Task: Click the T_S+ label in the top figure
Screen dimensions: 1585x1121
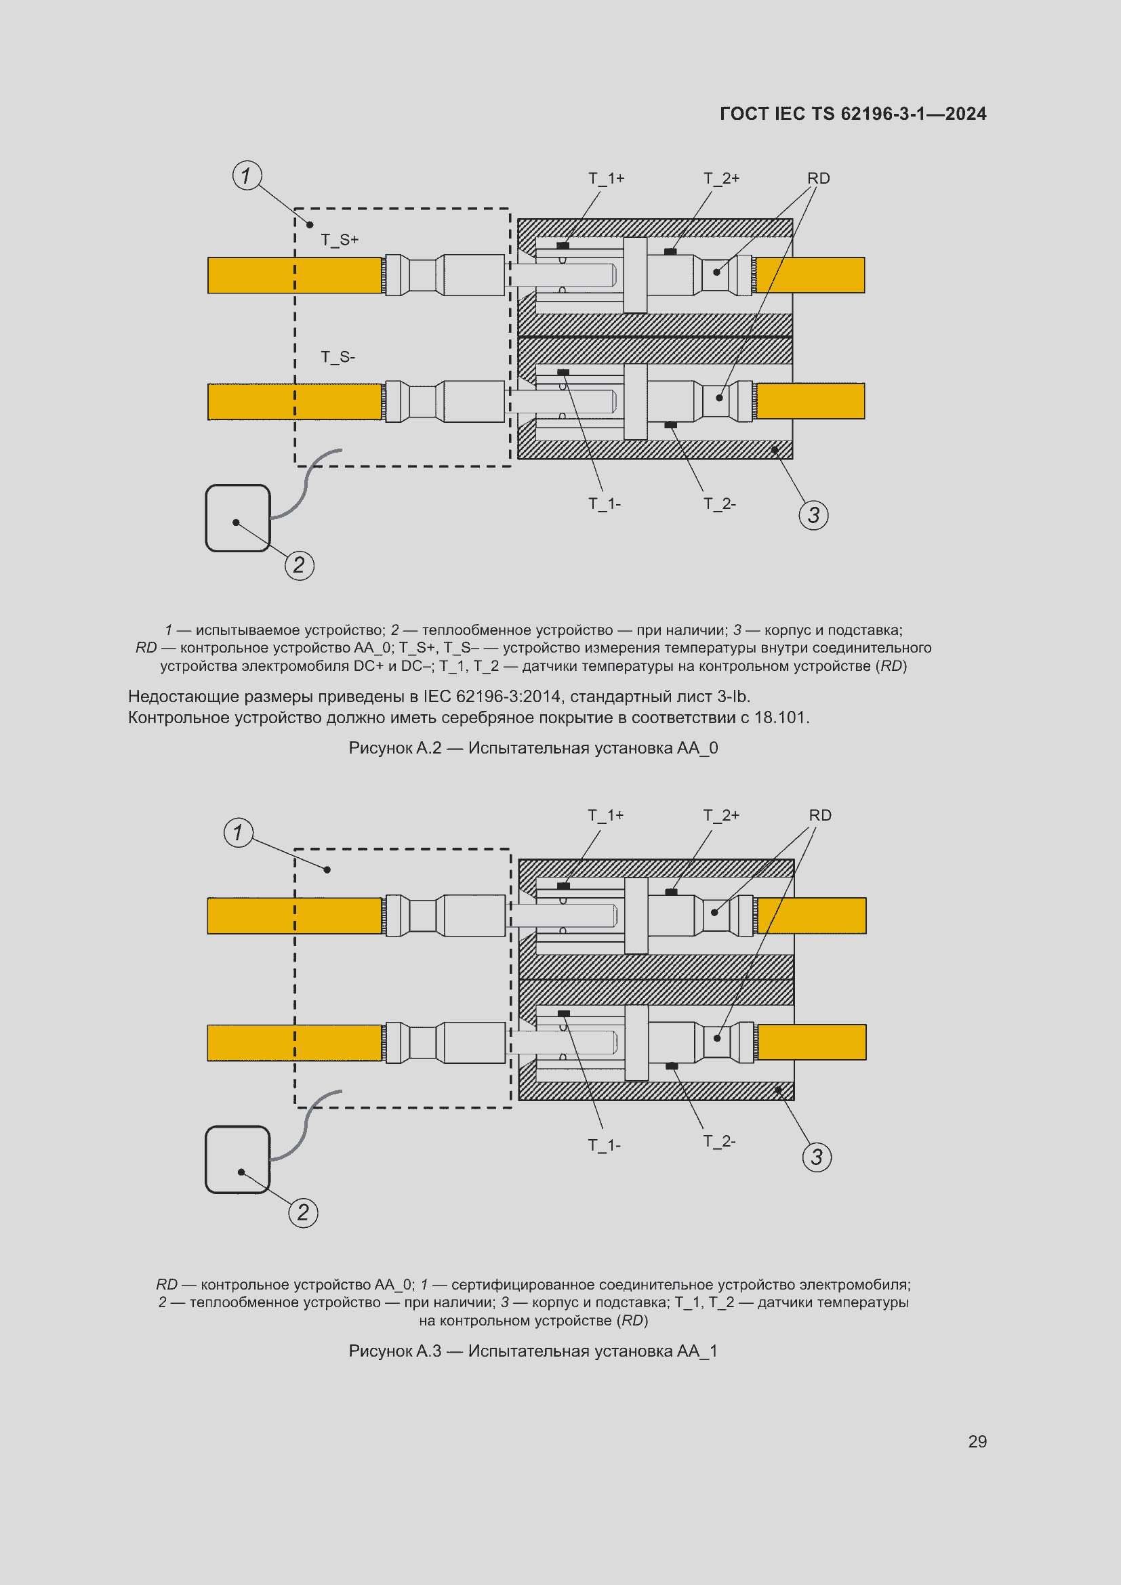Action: click(x=340, y=239)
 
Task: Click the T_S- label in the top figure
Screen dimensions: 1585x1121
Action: click(x=338, y=357)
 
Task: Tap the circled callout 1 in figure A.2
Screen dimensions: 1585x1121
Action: click(x=247, y=176)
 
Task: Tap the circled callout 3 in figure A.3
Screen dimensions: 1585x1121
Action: click(x=817, y=1156)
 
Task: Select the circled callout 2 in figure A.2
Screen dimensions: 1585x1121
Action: click(x=299, y=565)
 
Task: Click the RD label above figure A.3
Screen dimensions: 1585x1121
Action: click(x=820, y=815)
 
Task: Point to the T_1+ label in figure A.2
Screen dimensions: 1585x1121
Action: click(x=606, y=178)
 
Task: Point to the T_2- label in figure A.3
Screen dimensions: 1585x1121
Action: click(x=719, y=1141)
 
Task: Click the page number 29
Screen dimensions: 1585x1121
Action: click(x=977, y=1441)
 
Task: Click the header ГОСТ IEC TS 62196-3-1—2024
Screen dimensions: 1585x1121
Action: click(x=853, y=114)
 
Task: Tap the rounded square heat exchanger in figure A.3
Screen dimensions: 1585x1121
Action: click(x=237, y=1159)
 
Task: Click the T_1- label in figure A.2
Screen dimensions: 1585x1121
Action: click(x=604, y=504)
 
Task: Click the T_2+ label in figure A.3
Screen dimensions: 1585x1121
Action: click(x=720, y=815)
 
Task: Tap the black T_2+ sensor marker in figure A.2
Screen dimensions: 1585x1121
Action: click(x=670, y=252)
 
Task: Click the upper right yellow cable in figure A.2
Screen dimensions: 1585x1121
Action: click(x=811, y=274)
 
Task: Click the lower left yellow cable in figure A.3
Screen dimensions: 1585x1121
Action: click(x=295, y=1042)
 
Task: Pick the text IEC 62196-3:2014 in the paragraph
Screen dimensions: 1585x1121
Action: click(x=492, y=697)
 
